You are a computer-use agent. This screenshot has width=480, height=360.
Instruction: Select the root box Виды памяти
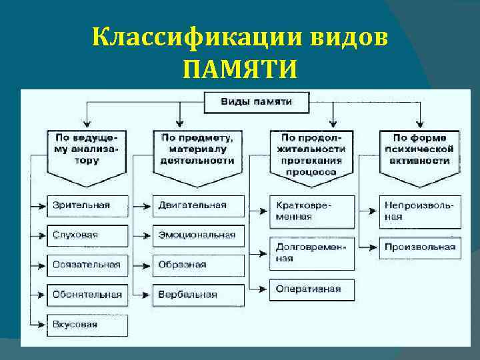click(x=256, y=102)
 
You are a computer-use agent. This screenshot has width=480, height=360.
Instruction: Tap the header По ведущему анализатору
click(x=85, y=149)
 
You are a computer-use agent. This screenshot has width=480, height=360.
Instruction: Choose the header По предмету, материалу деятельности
click(x=197, y=149)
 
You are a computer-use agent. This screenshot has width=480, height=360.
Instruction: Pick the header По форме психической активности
click(x=419, y=149)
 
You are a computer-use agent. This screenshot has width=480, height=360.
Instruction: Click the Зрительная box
click(x=87, y=205)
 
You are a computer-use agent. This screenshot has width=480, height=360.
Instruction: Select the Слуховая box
click(x=87, y=235)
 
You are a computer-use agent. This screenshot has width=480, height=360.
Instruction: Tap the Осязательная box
click(x=87, y=265)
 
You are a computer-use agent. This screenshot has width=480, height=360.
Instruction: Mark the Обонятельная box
click(x=87, y=294)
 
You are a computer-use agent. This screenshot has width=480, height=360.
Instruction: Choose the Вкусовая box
click(x=87, y=325)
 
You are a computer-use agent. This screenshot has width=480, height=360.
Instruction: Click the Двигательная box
click(x=197, y=205)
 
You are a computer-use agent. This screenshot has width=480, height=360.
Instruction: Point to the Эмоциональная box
click(x=197, y=235)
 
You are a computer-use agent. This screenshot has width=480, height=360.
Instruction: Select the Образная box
click(x=197, y=265)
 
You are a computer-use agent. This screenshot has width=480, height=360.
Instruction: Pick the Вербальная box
click(x=197, y=294)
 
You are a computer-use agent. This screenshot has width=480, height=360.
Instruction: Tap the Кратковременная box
click(x=312, y=211)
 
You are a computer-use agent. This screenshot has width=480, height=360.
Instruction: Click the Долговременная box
click(x=312, y=253)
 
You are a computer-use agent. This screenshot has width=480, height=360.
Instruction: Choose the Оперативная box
click(x=312, y=289)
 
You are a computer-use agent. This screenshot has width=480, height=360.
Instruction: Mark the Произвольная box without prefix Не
click(x=420, y=247)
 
